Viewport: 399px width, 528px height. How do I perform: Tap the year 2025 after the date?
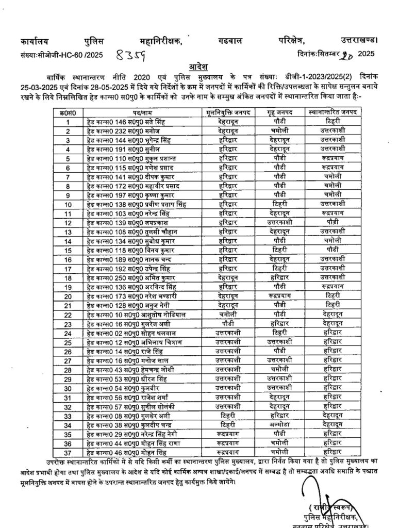pyautogui.click(x=367, y=54)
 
